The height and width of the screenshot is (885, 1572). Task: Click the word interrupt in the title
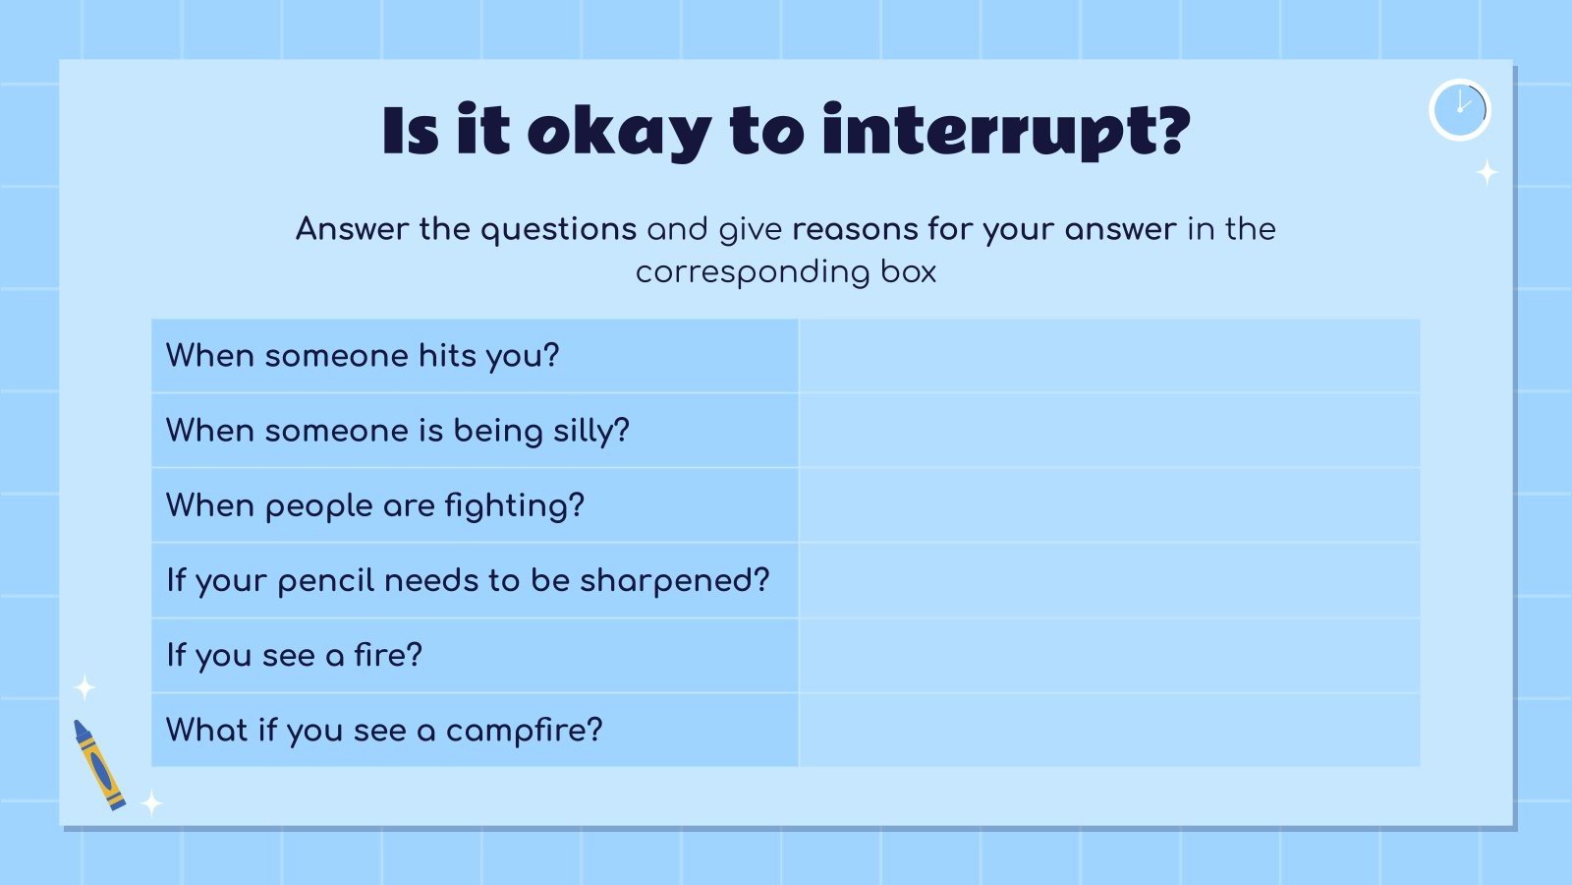(1006, 131)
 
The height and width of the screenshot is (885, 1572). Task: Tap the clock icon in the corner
(1460, 109)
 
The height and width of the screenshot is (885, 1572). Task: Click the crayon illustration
(99, 764)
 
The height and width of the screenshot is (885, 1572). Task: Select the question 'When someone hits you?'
(363, 355)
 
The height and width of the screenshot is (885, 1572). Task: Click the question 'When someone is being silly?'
(398, 431)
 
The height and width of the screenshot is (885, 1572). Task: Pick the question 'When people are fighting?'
(375, 505)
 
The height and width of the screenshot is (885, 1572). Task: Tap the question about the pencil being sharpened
(468, 580)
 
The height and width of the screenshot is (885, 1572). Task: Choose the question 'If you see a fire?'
(294, 655)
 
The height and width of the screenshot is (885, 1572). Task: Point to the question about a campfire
(384, 730)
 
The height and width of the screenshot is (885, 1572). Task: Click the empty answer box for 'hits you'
(1109, 355)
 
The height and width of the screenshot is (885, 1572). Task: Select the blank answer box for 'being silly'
(1109, 431)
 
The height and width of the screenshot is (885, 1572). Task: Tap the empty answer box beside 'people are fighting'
(1109, 505)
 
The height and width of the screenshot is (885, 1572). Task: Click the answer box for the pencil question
(1109, 580)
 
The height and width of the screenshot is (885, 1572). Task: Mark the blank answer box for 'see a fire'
(1109, 655)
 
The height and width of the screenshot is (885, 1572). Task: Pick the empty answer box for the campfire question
(1109, 730)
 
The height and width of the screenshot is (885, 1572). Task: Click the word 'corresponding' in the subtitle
(752, 272)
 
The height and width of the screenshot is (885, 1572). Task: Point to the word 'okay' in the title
(619, 131)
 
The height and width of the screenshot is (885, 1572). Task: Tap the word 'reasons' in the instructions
(855, 229)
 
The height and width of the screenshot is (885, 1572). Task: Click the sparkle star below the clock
(1488, 173)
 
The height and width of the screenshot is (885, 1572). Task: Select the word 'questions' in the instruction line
(558, 229)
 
